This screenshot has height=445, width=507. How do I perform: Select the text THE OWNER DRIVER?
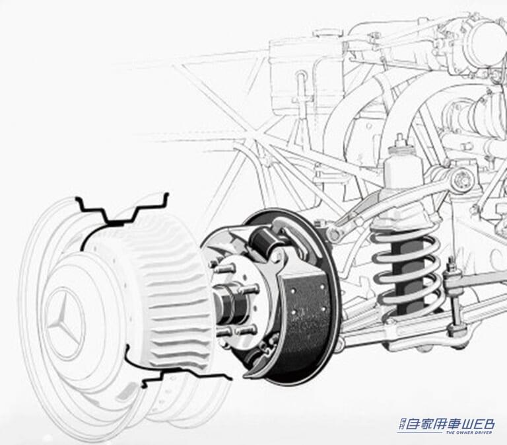click(x=470, y=434)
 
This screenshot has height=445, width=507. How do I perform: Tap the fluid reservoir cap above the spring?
click(x=401, y=140)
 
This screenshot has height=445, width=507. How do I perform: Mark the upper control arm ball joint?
click(x=337, y=233)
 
